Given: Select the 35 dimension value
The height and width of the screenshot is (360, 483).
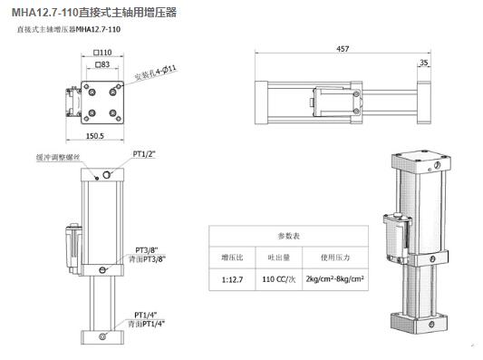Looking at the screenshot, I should pyautogui.click(x=423, y=63).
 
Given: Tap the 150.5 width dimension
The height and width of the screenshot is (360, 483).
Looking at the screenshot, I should pyautogui.click(x=94, y=137).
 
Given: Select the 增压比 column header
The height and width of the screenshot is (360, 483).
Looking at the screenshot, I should pyautogui.click(x=232, y=257).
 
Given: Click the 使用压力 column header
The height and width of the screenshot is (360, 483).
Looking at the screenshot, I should pyautogui.click(x=333, y=257).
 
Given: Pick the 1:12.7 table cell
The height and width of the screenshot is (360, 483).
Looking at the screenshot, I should pyautogui.click(x=232, y=279).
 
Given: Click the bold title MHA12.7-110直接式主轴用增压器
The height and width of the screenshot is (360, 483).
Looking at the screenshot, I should pyautogui.click(x=94, y=12).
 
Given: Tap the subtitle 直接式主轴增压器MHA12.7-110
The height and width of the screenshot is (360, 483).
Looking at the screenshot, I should pyautogui.click(x=69, y=30).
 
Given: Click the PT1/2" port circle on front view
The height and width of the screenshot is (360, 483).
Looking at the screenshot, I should pyautogui.click(x=107, y=174).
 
